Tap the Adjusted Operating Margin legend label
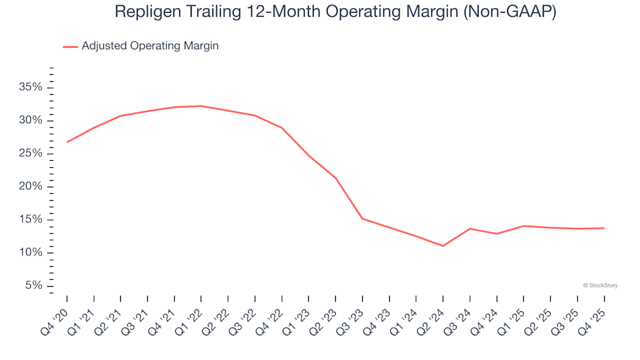coord(150,46)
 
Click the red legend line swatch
coord(71,47)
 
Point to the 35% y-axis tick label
coord(31,87)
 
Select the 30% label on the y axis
coord(31,121)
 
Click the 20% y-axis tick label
coord(31,187)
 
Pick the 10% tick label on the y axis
coord(31,253)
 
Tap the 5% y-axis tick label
coord(34,285)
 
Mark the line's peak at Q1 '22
coord(201,106)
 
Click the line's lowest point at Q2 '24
coord(443,246)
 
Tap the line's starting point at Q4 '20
coord(67,142)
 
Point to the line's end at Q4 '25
coord(604,228)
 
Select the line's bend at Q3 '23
coord(363,219)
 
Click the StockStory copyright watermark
coord(600,285)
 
